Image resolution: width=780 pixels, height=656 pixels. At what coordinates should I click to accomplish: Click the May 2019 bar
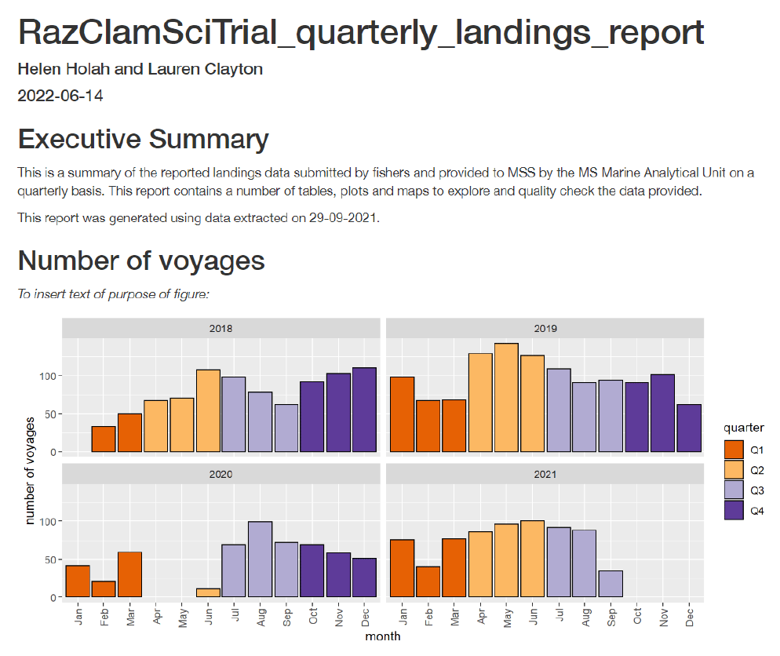[506, 398]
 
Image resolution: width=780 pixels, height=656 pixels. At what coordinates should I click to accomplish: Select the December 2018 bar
[364, 410]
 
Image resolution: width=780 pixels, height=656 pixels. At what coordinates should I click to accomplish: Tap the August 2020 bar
[260, 559]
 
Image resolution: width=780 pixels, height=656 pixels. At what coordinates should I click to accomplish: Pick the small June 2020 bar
[208, 592]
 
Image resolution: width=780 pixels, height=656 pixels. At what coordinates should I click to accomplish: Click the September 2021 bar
[611, 584]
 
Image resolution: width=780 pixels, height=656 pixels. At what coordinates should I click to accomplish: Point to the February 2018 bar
[104, 439]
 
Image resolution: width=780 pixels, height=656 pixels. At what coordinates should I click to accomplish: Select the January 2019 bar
[402, 414]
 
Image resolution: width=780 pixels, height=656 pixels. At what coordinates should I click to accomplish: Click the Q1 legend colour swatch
[734, 450]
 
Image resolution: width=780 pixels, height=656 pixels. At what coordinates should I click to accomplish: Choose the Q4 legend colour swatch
[734, 511]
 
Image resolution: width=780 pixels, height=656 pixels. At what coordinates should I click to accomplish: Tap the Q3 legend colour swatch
[734, 490]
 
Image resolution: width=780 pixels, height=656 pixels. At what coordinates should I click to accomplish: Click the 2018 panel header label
[221, 329]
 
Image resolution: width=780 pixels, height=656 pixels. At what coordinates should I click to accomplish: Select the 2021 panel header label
[545, 475]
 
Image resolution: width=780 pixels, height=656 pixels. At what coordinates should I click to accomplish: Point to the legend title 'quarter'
[743, 428]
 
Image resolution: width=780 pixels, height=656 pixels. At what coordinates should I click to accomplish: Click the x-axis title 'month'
[383, 636]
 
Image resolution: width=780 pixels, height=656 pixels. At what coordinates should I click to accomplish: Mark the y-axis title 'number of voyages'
[31, 471]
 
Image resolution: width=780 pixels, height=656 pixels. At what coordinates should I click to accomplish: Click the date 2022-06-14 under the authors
[60, 97]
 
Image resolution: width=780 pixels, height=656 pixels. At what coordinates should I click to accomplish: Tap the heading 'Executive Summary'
[144, 140]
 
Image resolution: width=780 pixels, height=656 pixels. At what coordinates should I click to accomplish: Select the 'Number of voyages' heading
[141, 261]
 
